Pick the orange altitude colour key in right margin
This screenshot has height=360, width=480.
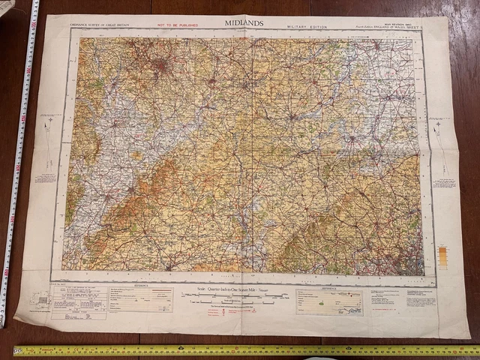[442, 257]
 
